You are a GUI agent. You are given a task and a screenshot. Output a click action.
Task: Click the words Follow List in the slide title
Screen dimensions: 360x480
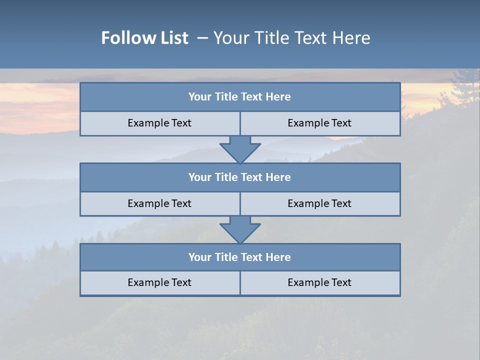[x=145, y=38]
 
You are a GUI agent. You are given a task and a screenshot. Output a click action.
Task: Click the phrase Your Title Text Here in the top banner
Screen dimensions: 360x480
[x=291, y=38]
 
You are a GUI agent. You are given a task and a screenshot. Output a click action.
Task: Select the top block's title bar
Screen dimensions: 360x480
[x=239, y=97]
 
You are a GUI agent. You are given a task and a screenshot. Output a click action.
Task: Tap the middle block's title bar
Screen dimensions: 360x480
[x=239, y=177]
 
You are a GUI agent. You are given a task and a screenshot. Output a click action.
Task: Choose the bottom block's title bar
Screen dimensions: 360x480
[x=239, y=257]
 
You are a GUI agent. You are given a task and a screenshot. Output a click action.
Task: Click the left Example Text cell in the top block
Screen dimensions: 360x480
[x=159, y=123]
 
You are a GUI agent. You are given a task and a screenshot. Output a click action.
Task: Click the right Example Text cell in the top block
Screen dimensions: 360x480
[x=319, y=123]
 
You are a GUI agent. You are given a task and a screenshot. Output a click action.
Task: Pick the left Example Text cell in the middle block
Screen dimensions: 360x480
[x=159, y=203]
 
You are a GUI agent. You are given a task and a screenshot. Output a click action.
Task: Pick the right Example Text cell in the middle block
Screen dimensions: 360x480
[x=319, y=203]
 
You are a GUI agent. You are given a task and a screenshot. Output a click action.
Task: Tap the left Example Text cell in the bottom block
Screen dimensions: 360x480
[x=159, y=282]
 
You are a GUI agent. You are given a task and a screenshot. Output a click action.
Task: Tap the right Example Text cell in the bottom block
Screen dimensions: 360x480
[x=319, y=282]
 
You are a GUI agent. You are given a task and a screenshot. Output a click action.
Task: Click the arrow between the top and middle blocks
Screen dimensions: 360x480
[x=240, y=149]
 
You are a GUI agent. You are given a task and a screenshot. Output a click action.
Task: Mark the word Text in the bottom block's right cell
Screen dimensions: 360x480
[x=341, y=282]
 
